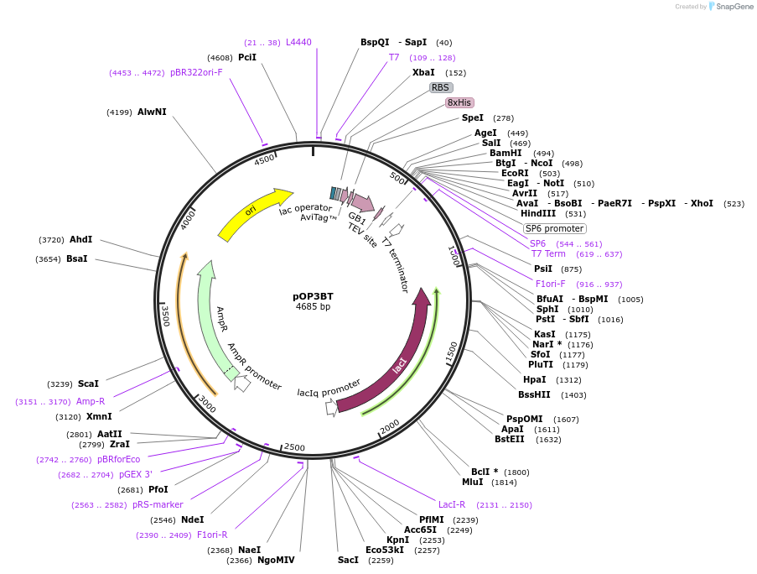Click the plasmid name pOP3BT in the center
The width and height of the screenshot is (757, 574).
(x=313, y=296)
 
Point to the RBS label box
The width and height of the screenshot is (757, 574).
(x=441, y=87)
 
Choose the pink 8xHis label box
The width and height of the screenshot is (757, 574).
(x=459, y=102)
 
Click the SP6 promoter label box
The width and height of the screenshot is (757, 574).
(x=554, y=228)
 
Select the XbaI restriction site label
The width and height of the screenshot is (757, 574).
(x=423, y=73)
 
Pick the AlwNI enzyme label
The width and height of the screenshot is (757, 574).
(x=152, y=112)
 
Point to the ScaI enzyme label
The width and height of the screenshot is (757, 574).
(x=88, y=384)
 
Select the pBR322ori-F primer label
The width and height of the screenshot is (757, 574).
(x=196, y=72)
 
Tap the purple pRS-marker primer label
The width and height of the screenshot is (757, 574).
(x=158, y=504)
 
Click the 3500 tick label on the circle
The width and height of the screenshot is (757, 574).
(x=165, y=316)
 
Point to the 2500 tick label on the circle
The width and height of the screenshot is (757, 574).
(x=293, y=447)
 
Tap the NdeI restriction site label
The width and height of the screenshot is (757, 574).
(x=192, y=519)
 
